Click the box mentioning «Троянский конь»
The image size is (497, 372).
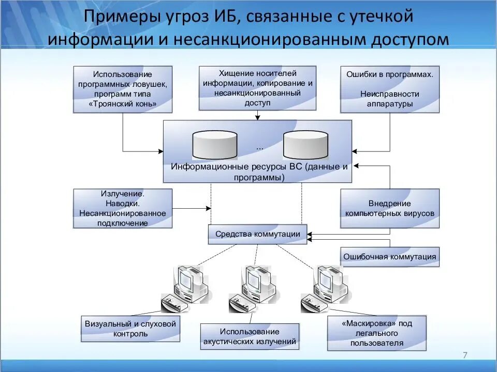123,89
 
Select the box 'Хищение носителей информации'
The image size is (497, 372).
257,88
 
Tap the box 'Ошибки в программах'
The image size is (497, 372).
389,89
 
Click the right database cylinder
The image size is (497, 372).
305,144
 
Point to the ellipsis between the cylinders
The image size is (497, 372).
259,147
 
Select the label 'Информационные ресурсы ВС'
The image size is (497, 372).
257,172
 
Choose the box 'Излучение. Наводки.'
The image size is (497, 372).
123,208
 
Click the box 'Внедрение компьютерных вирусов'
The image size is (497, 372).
389,208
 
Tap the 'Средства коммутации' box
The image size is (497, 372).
257,234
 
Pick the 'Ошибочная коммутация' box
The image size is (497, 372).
389,257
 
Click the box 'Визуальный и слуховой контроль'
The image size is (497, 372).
130,329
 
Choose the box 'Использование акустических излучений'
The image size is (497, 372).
250,336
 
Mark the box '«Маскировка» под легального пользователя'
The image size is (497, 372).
377,333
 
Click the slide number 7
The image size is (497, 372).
464,355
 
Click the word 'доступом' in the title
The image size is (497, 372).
407,39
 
